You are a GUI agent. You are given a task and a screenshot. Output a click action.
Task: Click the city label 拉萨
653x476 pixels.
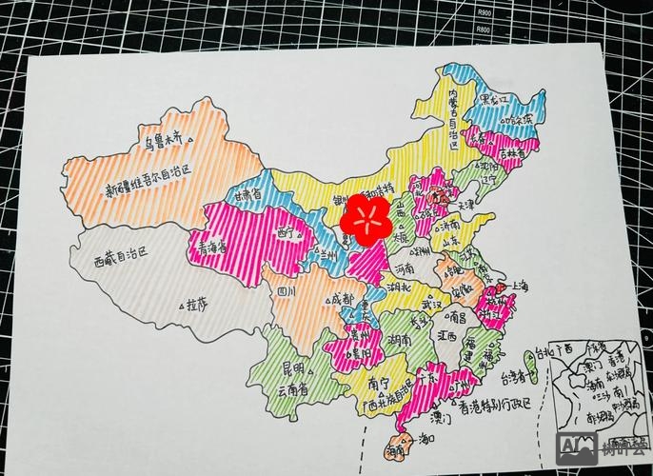tap(198, 305)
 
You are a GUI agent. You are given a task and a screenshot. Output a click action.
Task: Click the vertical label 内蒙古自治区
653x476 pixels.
tap(455, 124)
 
